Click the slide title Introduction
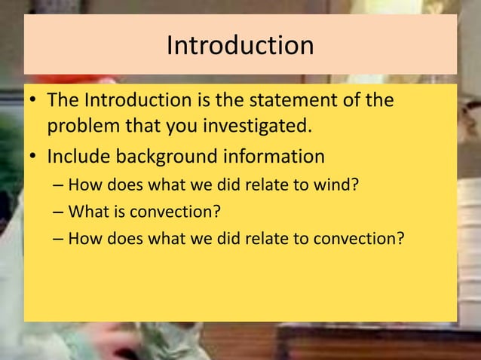(240, 45)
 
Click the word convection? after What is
(176, 212)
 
